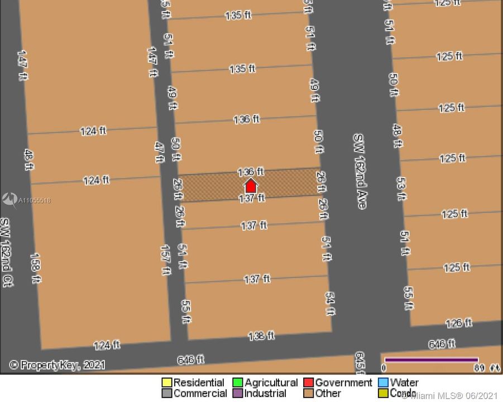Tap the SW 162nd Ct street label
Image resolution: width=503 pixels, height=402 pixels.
[x=7, y=252]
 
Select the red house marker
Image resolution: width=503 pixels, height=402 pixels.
[x=251, y=186]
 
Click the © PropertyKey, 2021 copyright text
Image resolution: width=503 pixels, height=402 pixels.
[x=57, y=365]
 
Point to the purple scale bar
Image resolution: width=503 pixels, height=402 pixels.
[x=431, y=360]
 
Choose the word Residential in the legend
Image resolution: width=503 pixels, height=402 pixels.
[x=198, y=383]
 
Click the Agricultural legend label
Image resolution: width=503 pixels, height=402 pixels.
[x=271, y=383]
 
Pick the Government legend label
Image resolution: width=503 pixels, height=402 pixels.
[x=343, y=383]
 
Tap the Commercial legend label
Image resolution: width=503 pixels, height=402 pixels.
[x=200, y=393]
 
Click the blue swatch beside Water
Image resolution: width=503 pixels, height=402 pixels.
[x=383, y=383]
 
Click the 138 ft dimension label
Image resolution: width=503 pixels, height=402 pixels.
[x=261, y=336]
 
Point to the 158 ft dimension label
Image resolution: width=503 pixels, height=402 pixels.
[x=35, y=267]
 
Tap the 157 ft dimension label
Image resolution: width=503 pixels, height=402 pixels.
[x=166, y=260]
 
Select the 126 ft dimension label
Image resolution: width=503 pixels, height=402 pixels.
[x=458, y=323]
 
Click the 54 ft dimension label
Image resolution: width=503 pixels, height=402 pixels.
[x=330, y=298]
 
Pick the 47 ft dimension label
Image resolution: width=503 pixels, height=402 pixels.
[x=159, y=151]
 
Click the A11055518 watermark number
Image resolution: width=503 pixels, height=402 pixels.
[x=35, y=200]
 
